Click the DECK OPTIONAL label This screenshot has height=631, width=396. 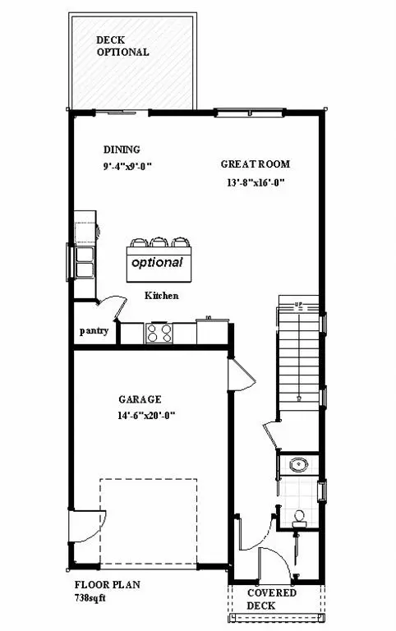(122, 46)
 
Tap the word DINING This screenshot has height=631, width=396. (122, 150)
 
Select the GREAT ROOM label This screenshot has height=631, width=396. (256, 164)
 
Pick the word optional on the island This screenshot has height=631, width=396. (157, 263)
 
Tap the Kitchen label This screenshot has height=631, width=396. (162, 296)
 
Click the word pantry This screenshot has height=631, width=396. (94, 332)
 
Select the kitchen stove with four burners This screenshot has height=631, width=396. (159, 333)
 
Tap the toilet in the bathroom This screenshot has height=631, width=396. (300, 518)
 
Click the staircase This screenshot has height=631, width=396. (298, 353)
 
